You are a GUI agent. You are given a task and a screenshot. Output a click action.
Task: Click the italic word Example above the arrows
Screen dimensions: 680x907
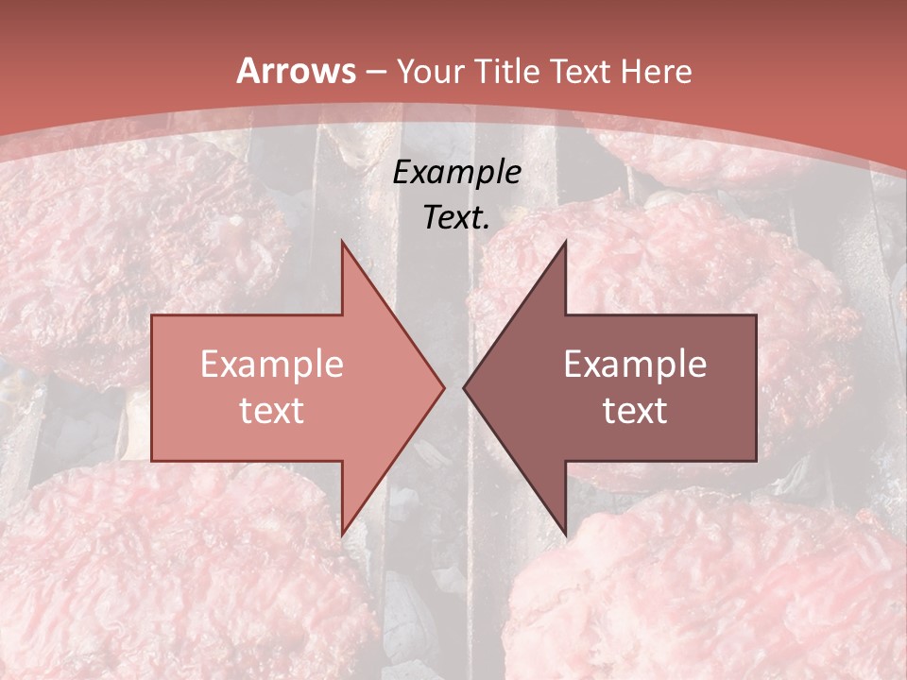pos(457,173)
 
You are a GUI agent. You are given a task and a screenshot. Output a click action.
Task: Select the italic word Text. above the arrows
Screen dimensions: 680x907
pos(457,218)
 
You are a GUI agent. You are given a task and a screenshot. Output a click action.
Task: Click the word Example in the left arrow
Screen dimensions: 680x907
pos(272,365)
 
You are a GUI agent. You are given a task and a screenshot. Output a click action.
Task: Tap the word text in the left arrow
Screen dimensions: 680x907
pos(272,411)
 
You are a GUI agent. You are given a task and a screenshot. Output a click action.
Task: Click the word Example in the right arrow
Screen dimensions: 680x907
pos(635,365)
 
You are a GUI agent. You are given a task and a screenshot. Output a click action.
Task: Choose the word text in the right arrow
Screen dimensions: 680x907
pos(635,411)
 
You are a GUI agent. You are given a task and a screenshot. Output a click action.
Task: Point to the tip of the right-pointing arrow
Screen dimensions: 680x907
pos(443,387)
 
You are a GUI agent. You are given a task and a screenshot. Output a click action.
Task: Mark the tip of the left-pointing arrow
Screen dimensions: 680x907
pos(465,387)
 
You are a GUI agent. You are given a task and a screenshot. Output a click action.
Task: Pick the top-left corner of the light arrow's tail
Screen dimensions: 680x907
pos(153,316)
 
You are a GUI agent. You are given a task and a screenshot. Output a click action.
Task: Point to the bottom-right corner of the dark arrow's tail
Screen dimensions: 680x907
pos(755,460)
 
